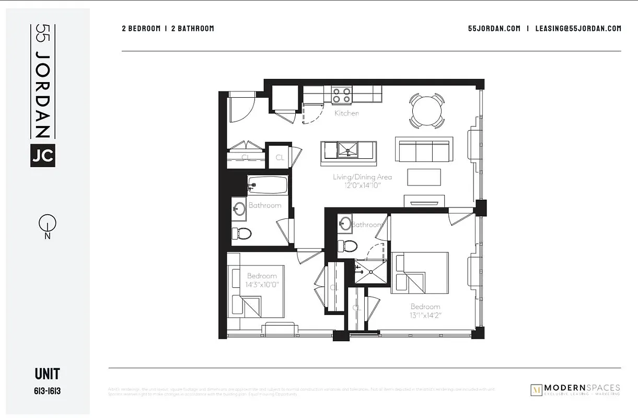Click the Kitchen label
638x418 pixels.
coord(346,113)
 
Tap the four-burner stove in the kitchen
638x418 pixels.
coord(341,95)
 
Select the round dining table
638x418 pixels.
coord(426,110)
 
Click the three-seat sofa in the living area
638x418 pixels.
coord(423,150)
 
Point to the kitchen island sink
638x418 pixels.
coord(347,150)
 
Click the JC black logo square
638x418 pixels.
coord(43,155)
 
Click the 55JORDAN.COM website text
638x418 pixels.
coord(494,29)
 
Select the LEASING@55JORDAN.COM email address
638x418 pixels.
coord(578,29)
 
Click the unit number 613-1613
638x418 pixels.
coord(47,390)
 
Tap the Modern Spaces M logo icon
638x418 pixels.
coord(536,389)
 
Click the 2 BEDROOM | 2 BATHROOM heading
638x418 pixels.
coord(168,29)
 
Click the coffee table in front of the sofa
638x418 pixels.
coord(423,177)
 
